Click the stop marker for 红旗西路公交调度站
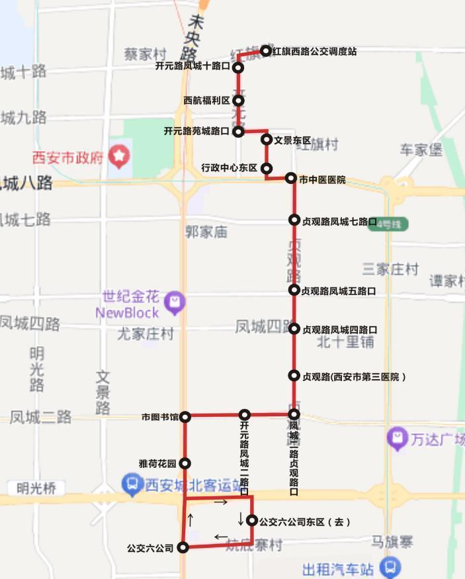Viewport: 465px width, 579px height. click(x=265, y=50)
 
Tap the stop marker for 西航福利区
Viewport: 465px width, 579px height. click(x=239, y=101)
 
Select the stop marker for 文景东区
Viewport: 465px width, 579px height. click(x=267, y=139)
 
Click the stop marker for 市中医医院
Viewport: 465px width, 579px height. click(x=291, y=178)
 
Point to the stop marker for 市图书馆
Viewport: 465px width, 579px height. click(x=186, y=417)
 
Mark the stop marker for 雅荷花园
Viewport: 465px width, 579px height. click(x=185, y=464)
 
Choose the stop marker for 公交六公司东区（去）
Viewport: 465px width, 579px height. click(x=252, y=521)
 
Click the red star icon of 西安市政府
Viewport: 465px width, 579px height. click(x=119, y=157)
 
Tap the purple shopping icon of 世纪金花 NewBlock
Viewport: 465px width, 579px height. click(x=175, y=302)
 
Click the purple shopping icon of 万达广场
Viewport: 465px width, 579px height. click(x=397, y=437)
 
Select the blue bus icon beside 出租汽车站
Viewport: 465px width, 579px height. click(x=390, y=567)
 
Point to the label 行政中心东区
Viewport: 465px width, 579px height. click(x=229, y=168)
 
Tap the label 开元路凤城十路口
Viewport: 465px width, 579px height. click(x=192, y=67)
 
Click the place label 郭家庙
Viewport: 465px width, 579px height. click(x=206, y=232)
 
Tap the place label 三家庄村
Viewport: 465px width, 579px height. click(x=390, y=269)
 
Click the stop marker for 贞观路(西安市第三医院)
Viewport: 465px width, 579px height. click(x=294, y=376)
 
